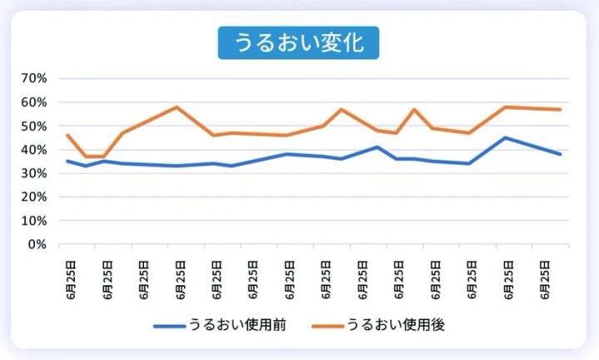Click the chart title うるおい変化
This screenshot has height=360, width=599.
(299, 42)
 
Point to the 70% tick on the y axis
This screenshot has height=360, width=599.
(34, 78)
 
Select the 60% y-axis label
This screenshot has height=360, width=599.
(34, 102)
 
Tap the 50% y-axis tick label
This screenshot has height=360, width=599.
(34, 126)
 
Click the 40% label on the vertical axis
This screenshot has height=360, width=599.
(34, 150)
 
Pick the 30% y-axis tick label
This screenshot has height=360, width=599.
(34, 174)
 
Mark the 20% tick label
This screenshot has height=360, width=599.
(34, 198)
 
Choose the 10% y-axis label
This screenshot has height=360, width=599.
(34, 221)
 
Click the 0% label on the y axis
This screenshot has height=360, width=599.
(37, 244)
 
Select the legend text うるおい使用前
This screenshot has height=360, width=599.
(238, 325)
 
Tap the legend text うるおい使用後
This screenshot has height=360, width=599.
(396, 325)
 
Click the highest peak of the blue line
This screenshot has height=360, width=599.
(506, 138)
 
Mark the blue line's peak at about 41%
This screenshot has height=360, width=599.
(378, 147)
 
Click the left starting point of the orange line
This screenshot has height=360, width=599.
(67, 135)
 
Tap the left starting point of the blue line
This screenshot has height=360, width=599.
(67, 161)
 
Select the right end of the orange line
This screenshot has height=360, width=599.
(561, 110)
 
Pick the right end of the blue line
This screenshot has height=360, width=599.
(561, 155)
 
